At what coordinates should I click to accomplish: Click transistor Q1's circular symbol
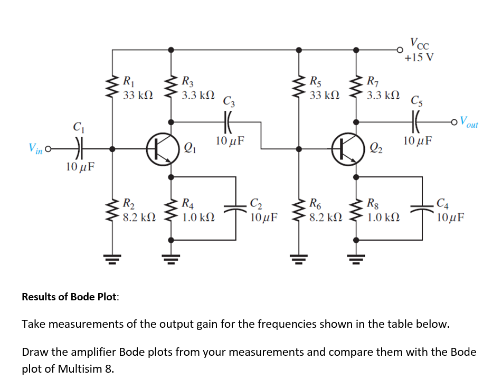tap(162, 149)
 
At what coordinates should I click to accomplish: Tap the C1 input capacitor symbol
tap(78, 149)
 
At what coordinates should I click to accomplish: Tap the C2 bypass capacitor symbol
tap(235, 209)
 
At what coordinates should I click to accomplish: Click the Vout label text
tap(467, 122)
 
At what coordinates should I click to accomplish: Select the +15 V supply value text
tap(419, 57)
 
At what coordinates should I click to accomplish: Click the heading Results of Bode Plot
tap(70, 297)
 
